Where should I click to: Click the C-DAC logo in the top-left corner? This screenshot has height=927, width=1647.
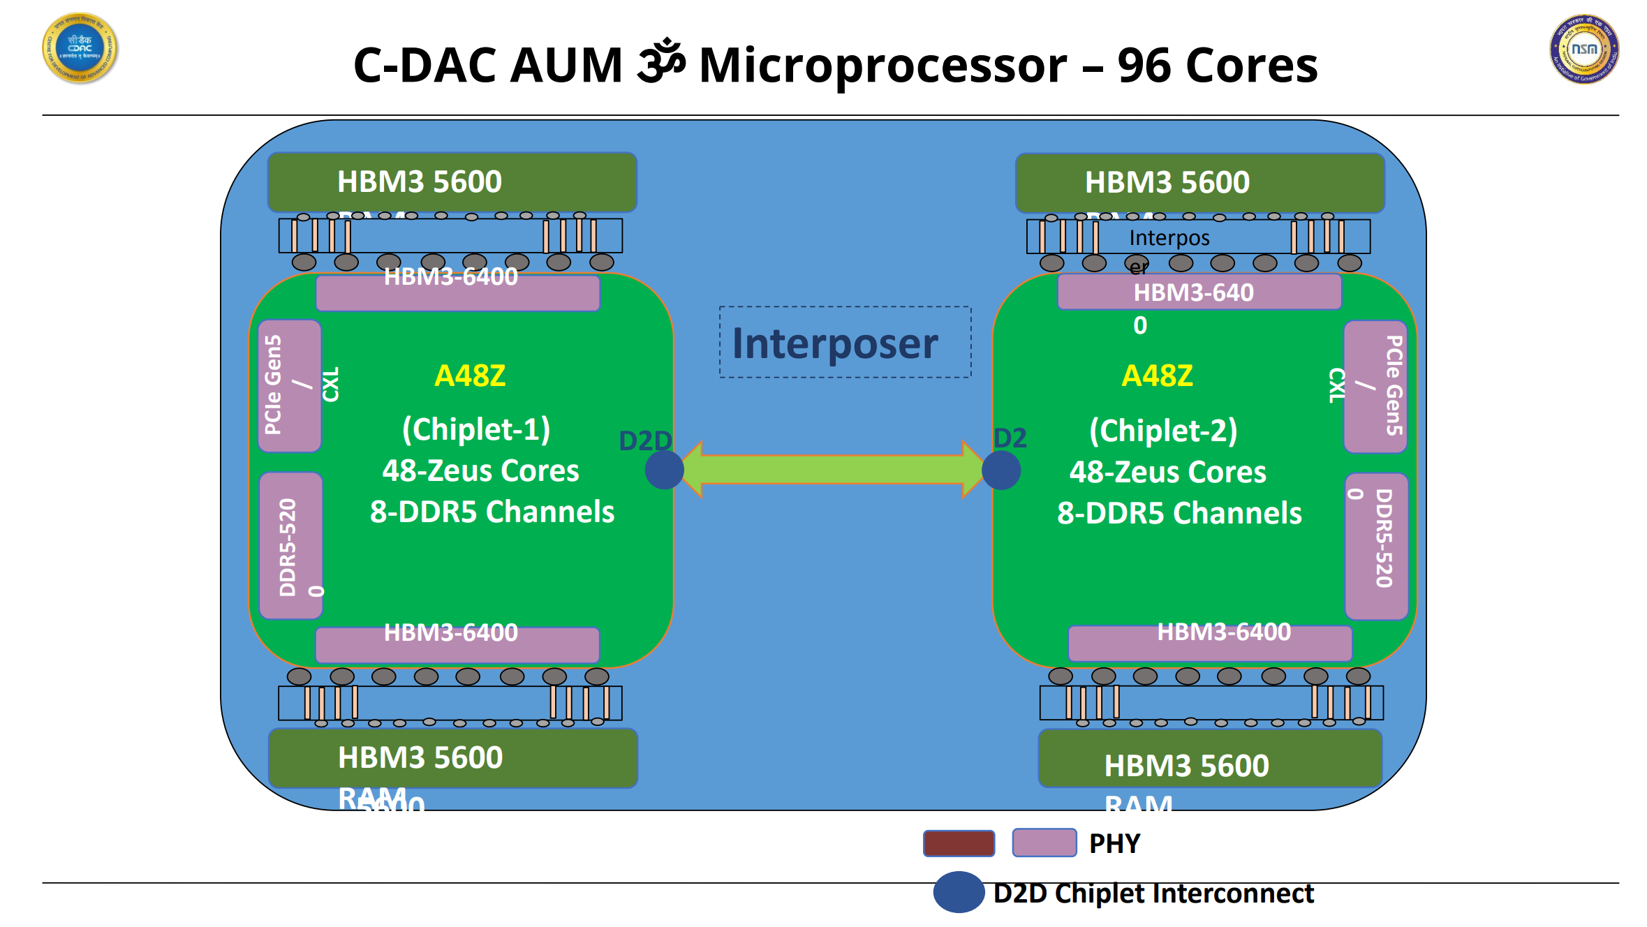tap(80, 48)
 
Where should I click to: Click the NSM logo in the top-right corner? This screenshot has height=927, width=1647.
tap(1583, 49)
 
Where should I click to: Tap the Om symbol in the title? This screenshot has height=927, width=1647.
tap(660, 61)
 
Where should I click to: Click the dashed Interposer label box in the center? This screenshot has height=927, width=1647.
tap(845, 342)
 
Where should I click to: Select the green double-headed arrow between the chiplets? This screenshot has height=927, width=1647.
tap(832, 469)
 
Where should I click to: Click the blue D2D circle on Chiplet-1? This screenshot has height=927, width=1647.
tap(664, 469)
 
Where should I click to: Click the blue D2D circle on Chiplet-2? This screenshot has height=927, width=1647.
tap(1000, 470)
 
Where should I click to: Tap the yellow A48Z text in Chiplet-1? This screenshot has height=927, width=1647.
tap(470, 376)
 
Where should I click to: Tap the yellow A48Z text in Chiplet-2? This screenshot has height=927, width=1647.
tap(1157, 376)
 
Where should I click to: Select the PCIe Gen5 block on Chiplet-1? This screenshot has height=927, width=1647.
tap(289, 386)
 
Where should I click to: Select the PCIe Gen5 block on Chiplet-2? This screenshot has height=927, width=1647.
tap(1375, 386)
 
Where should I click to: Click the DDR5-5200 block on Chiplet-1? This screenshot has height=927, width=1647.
tap(290, 546)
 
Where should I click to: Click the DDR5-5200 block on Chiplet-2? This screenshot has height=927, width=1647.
tap(1376, 546)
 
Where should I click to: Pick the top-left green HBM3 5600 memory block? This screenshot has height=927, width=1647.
tap(452, 182)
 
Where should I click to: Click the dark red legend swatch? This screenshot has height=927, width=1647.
tap(959, 843)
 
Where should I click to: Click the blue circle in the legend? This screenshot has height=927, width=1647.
tap(959, 892)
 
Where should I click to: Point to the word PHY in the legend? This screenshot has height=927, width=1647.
tap(1114, 844)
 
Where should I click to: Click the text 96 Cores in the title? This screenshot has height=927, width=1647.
tap(1217, 66)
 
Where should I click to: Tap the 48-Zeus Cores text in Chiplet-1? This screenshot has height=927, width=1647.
tap(480, 470)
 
